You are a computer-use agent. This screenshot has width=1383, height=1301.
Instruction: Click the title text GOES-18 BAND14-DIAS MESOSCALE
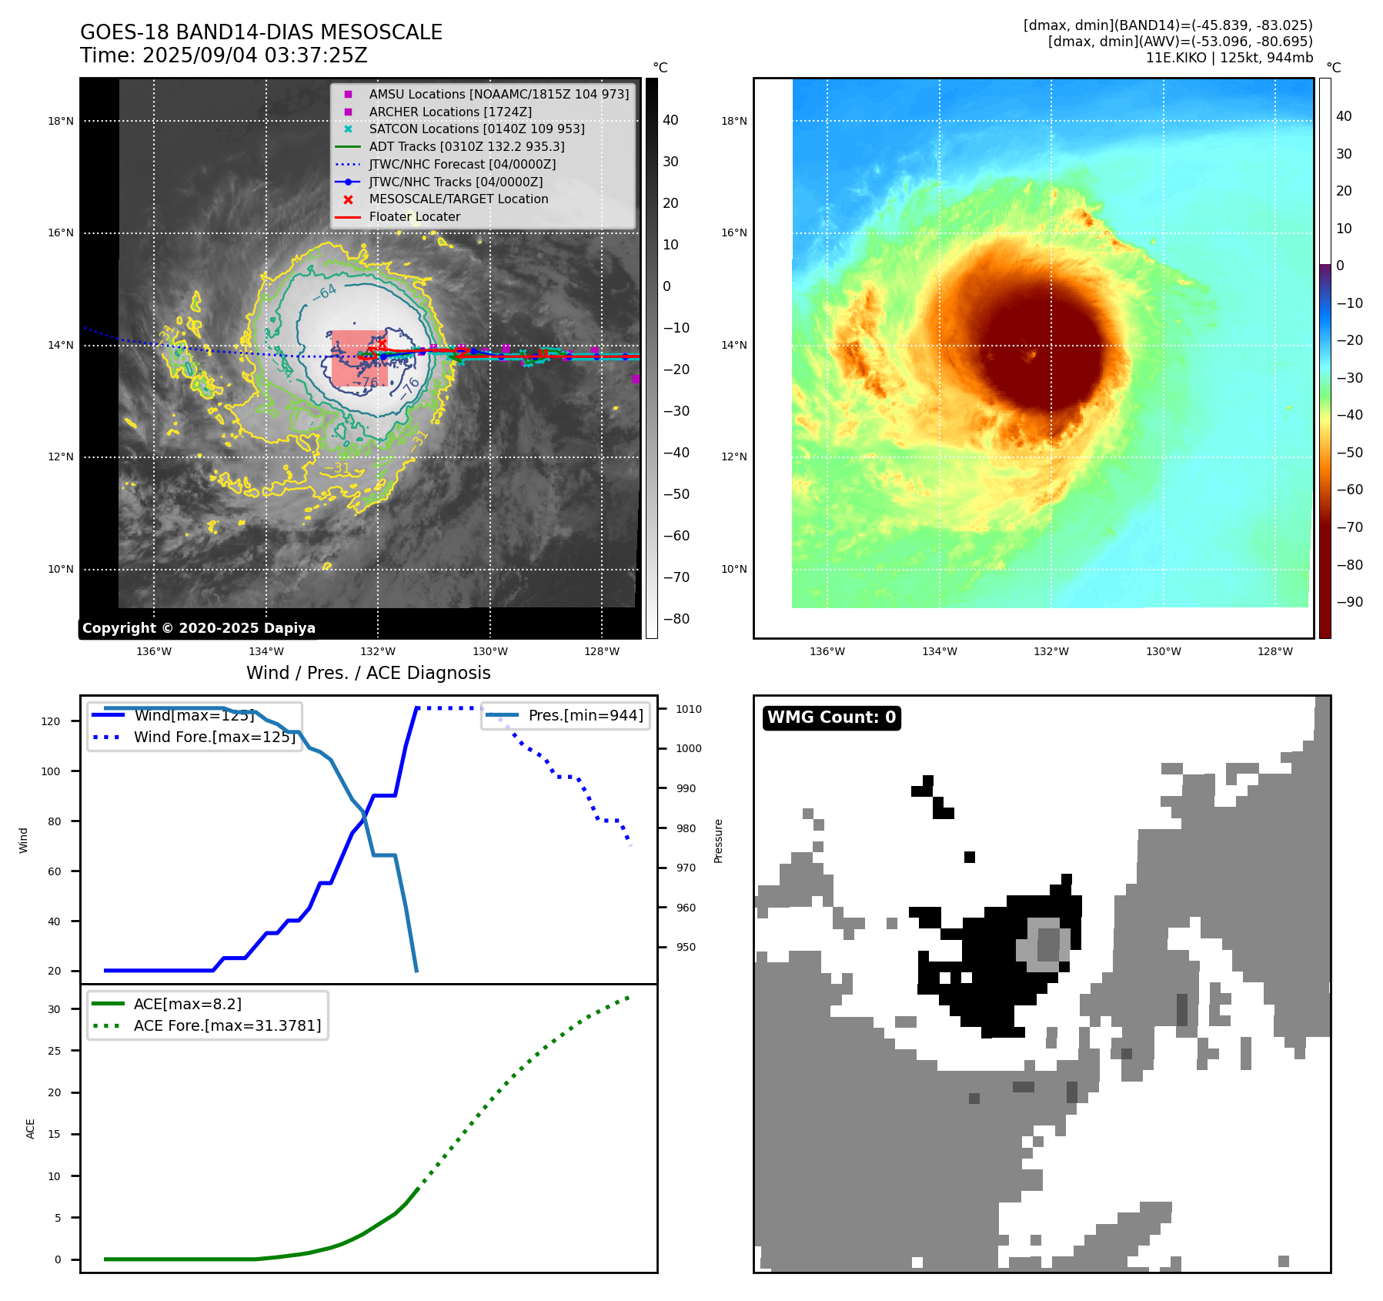coord(261,32)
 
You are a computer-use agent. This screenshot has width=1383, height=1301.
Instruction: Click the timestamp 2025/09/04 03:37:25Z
coord(255,55)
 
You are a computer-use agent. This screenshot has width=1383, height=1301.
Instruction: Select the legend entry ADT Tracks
coord(466,146)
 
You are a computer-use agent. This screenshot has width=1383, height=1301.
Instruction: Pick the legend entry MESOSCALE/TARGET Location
coord(459,199)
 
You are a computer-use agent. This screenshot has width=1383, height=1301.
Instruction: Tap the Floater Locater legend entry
coord(414,216)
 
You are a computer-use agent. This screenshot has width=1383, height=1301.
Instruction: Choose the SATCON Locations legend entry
coord(476,129)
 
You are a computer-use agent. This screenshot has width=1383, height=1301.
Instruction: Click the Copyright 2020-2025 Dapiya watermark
coord(199,628)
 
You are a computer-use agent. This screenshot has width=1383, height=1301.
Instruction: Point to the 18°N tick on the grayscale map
coord(61,121)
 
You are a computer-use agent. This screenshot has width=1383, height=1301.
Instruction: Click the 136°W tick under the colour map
coord(827,651)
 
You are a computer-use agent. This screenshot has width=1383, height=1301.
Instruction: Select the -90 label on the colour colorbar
coord(1350,602)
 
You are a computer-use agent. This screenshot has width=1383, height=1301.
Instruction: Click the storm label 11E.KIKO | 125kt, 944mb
coord(1229,58)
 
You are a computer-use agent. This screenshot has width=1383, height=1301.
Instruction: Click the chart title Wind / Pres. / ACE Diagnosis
coord(368,673)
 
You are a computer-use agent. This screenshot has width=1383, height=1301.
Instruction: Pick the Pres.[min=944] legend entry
coord(586,715)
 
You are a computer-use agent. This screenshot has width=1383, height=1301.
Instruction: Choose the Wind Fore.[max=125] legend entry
coord(215,737)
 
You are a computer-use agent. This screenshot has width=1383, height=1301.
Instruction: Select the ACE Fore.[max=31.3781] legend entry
coord(227,1025)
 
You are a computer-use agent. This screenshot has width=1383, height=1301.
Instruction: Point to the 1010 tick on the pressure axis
coord(689,709)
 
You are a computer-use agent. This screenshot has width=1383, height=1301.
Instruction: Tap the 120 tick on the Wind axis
coord(51,721)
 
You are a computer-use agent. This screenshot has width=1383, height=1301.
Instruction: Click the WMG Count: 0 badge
coord(831,717)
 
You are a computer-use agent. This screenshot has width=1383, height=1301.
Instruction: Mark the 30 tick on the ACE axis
coord(55,1009)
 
